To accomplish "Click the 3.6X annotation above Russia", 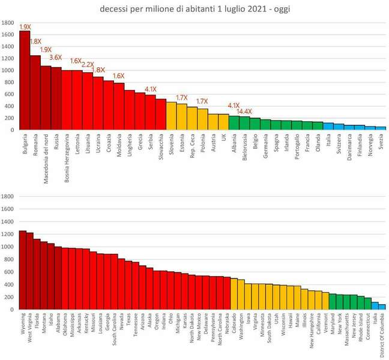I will click(56, 58).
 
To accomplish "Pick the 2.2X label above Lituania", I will click(88, 64).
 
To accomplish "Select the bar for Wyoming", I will click(23, 270).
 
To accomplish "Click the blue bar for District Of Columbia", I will click(382, 307).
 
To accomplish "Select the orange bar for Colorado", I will click(234, 293).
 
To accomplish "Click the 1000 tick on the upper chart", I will click(8, 70).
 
